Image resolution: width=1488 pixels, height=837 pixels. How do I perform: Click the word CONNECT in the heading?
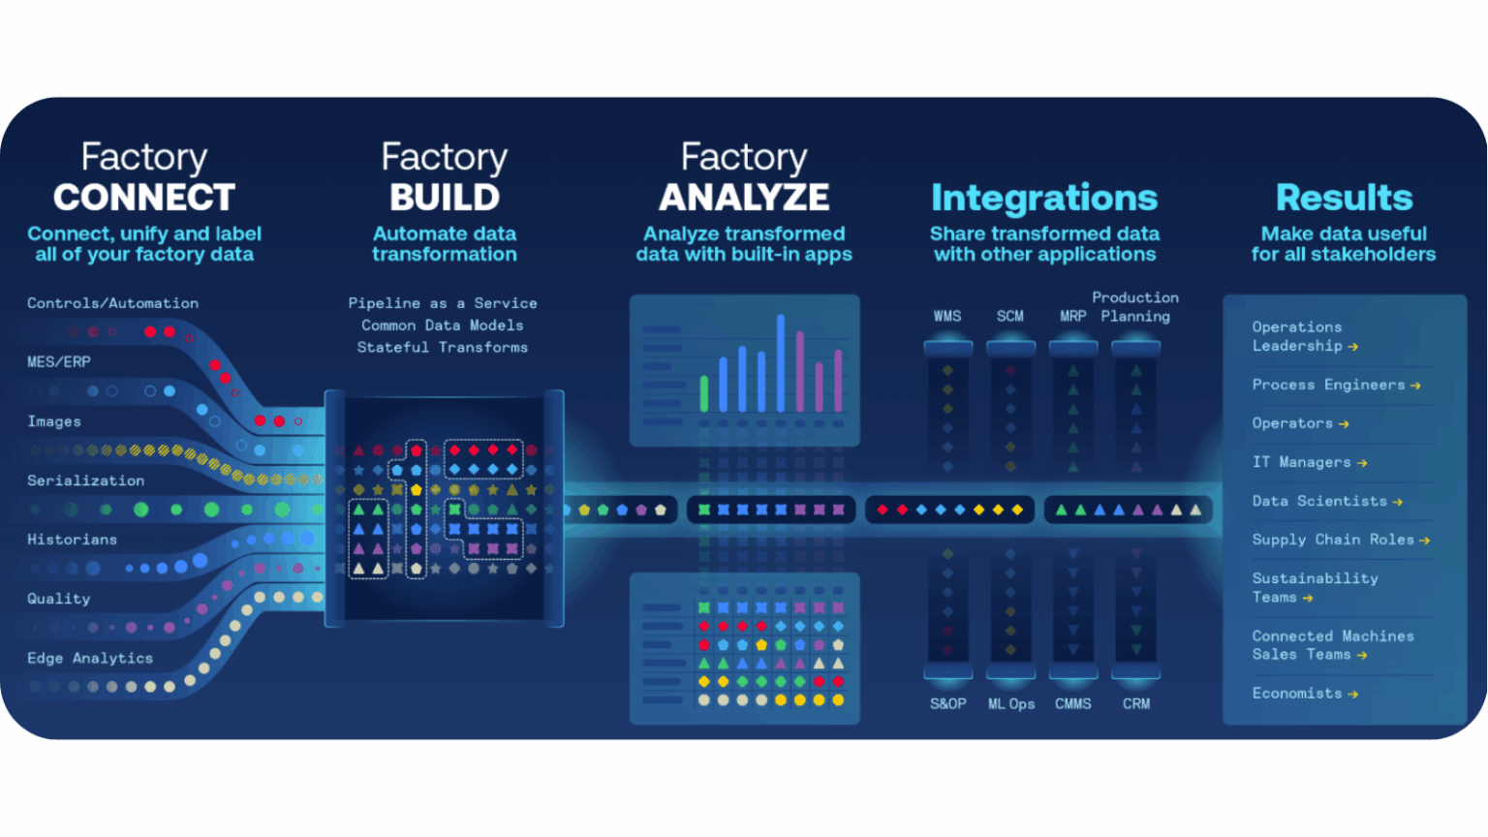pos(144,198)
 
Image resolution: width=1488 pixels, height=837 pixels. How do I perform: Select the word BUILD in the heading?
pos(445,198)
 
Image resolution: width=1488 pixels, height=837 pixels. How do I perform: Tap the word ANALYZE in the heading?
pos(744,198)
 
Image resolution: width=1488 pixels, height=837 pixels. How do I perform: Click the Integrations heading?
pos(1044,198)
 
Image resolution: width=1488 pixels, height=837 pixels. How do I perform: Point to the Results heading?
pos(1344,198)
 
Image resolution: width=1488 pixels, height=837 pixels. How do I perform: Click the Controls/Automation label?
pos(113,303)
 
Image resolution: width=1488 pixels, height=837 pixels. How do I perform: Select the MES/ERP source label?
pos(59,362)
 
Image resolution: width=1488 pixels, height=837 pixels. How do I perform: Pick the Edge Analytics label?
pos(90,659)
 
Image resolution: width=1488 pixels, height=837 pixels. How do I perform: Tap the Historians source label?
pos(73,540)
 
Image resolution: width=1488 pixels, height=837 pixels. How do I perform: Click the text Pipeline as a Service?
pos(443,303)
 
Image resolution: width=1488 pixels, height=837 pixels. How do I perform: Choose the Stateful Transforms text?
pos(443,348)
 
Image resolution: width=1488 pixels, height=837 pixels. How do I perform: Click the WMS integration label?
pos(947,316)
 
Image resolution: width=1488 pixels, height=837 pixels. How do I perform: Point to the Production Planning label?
pos(1135,307)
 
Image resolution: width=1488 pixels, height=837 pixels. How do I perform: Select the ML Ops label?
pos(1011,704)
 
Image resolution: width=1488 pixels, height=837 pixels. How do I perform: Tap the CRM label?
pos(1136,704)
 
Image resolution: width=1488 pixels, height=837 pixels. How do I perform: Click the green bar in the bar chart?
pos(704,394)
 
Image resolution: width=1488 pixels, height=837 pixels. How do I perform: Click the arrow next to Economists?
pos(1353,695)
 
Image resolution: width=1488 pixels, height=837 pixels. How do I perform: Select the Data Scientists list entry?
pos(1327,502)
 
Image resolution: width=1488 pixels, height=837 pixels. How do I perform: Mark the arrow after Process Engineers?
pos(1415,386)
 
